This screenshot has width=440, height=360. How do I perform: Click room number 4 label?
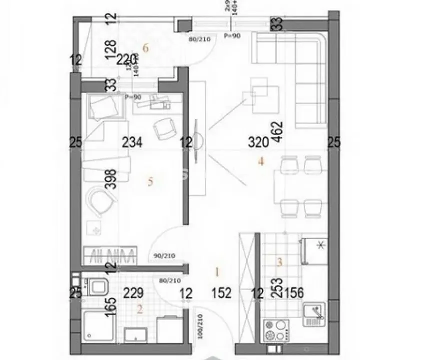[260, 161]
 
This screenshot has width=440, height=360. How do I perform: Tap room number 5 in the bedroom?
[150, 181]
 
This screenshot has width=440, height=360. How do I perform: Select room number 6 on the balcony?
[146, 48]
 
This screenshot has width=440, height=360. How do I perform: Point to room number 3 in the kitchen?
[280, 261]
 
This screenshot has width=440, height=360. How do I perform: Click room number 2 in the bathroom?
[140, 309]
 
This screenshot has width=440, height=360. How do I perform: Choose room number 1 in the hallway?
[217, 272]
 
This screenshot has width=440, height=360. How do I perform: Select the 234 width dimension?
[132, 143]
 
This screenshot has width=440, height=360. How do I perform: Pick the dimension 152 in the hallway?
[222, 293]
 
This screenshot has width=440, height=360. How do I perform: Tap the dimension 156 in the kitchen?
[293, 293]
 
